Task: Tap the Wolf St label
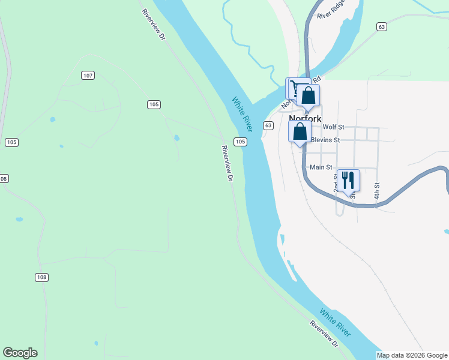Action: coord(333,127)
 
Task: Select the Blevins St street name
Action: coord(325,140)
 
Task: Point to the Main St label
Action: coord(321,167)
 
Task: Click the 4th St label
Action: coord(377,191)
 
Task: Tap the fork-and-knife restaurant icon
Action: coord(348,179)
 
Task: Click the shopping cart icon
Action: coord(294,88)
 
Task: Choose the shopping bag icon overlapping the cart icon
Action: coord(309,95)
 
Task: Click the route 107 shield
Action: coord(88,75)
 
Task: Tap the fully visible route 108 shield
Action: coord(41,277)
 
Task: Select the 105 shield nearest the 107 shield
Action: coord(154,104)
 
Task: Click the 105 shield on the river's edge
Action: coord(240,142)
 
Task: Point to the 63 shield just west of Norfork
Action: coord(268,125)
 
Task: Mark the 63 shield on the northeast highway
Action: coord(382,26)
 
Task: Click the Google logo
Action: coord(20,353)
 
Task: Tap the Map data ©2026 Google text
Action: coord(412,355)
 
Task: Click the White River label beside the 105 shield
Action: coord(242,112)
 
